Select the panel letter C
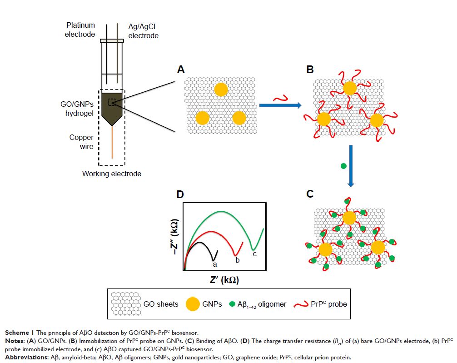click(x=310, y=194)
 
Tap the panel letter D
click(x=180, y=194)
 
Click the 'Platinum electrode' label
click(x=80, y=30)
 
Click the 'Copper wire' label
click(x=81, y=142)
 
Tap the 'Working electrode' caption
click(x=111, y=174)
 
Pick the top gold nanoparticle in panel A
click(x=221, y=90)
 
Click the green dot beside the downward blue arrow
click(x=343, y=166)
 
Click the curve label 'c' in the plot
click(x=254, y=254)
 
